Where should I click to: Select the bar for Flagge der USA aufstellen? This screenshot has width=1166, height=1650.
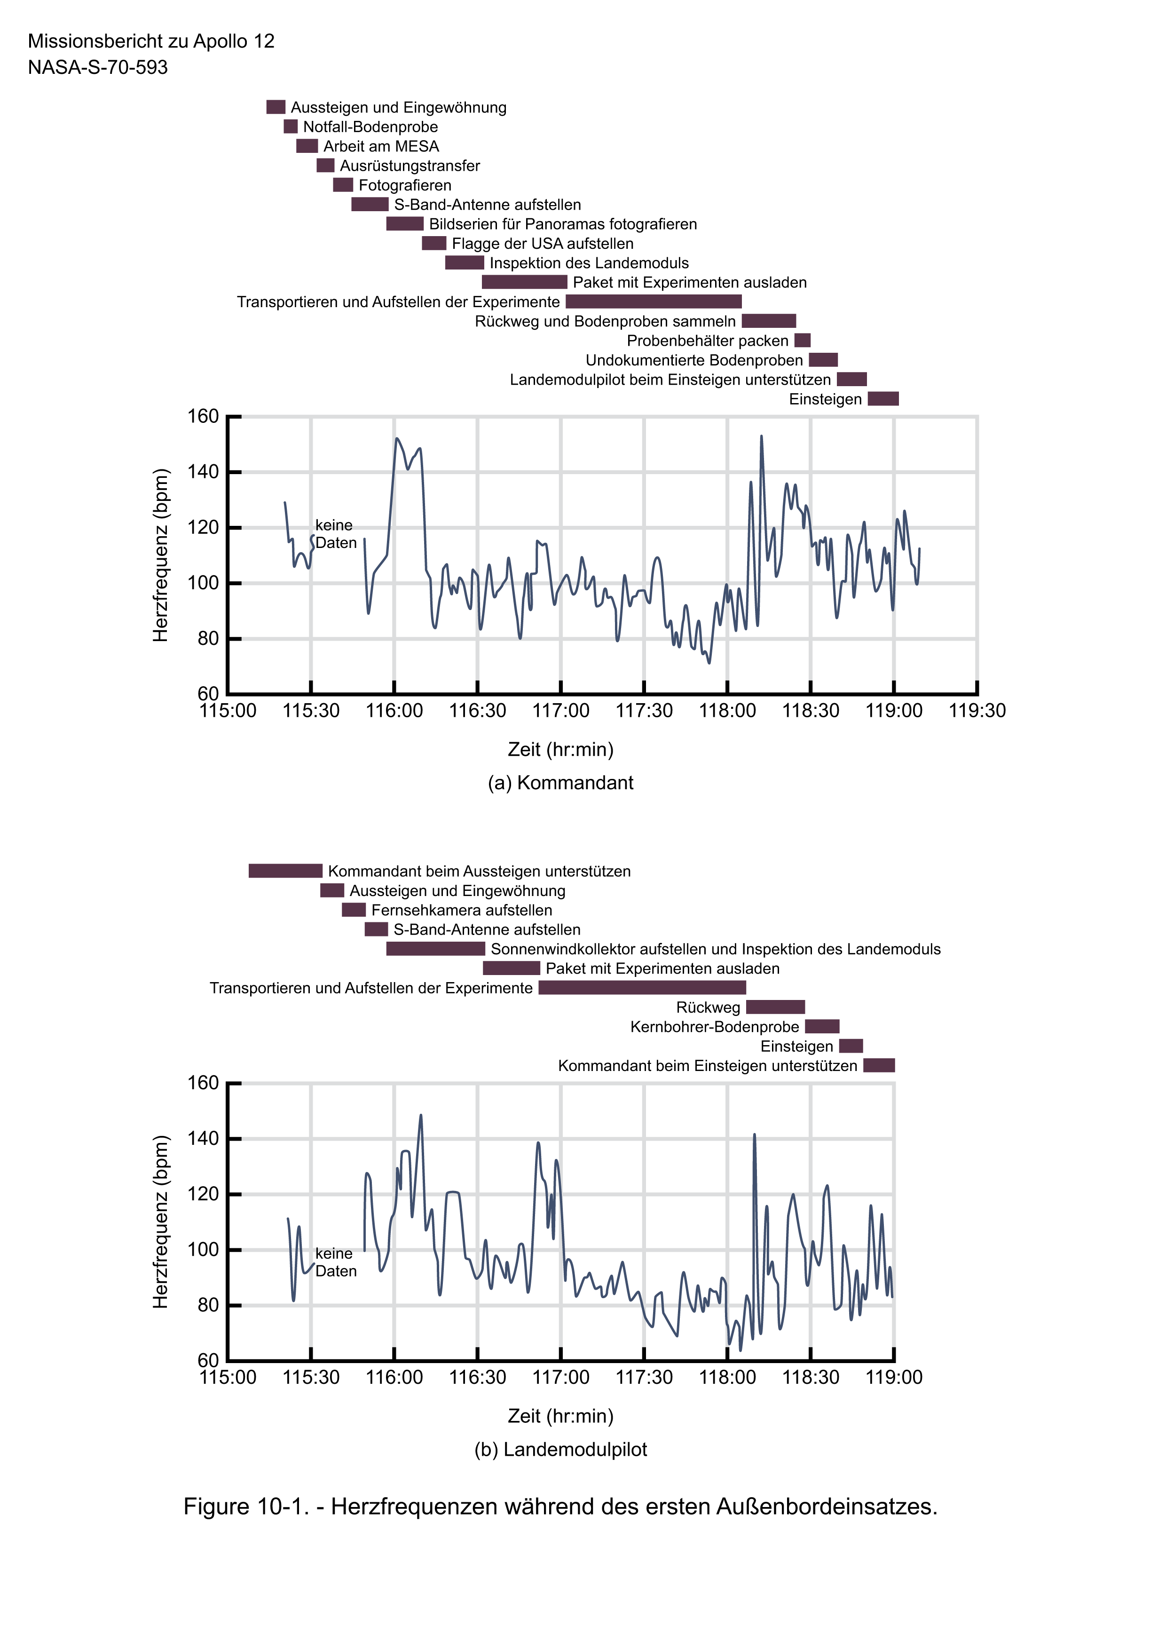434,244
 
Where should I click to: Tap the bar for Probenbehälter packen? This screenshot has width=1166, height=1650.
803,341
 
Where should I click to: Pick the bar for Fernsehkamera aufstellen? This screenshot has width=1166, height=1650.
354,910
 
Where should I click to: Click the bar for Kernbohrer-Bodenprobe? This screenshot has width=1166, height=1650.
822,1026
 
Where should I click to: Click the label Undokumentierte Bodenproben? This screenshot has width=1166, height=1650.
694,360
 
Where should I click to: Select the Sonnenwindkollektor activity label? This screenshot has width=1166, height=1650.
716,949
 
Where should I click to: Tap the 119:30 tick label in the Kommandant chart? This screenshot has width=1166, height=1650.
977,711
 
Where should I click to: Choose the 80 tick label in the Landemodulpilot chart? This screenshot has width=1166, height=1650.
208,1305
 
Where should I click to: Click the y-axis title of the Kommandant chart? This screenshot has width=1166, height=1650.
161,555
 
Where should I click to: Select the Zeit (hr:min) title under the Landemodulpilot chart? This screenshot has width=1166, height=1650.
560,1416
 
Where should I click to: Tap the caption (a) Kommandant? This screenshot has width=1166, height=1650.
560,783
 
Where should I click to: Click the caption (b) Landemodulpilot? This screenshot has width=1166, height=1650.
560,1450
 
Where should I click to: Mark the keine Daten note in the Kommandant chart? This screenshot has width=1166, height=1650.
336,534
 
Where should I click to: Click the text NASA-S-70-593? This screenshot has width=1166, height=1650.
98,68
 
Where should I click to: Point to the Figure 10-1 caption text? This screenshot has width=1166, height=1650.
560,1506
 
